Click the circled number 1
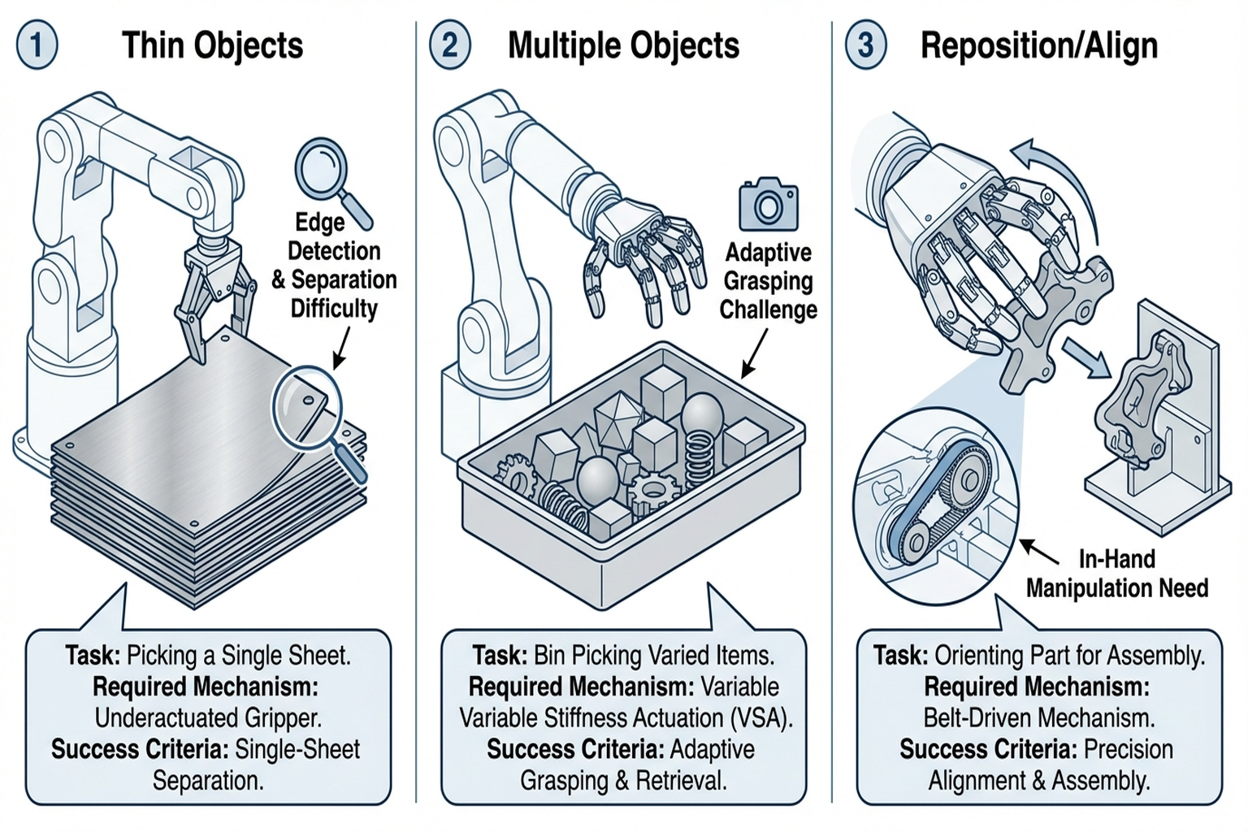[x=37, y=45]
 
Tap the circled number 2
[x=449, y=45]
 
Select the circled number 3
[x=866, y=45]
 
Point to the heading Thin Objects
[x=212, y=45]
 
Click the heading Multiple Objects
[x=623, y=45]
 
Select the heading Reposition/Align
[x=1038, y=45]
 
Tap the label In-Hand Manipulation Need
[x=1117, y=574]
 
